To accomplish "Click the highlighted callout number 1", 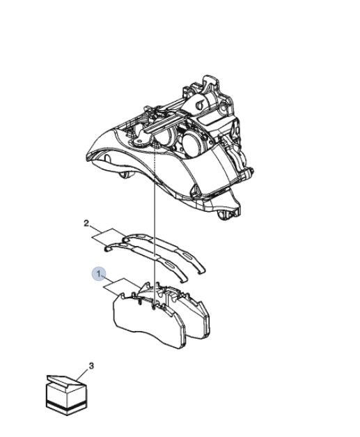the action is [x=99, y=275].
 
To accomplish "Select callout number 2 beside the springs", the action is [x=86, y=223].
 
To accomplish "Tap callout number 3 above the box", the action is [x=91, y=365].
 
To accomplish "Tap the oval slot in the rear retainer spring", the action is [x=186, y=255].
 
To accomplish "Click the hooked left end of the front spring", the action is [x=107, y=247].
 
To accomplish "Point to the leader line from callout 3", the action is [x=82, y=376].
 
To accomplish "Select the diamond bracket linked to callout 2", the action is [x=108, y=236].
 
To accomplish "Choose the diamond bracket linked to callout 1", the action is [x=120, y=286].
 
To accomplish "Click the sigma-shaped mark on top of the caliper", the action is [x=199, y=105].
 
